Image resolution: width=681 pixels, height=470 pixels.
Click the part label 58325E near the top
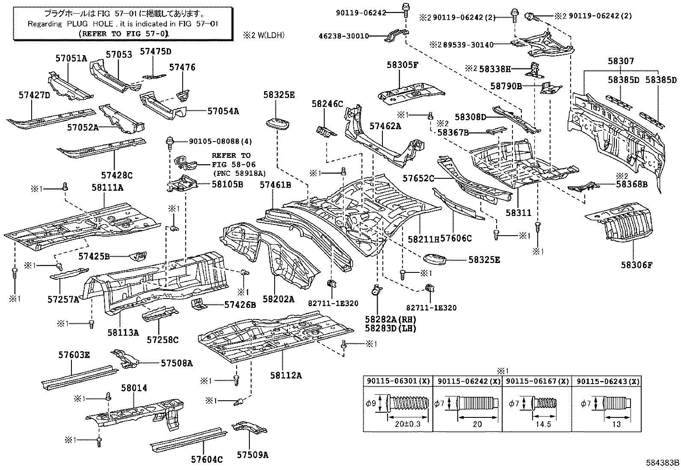279,95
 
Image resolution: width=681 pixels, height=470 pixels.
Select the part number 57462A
385,126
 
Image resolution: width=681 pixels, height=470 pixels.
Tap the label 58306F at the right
637,265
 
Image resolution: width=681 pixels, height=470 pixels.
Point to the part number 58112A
286,375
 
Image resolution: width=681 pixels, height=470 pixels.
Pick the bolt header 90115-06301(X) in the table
398,381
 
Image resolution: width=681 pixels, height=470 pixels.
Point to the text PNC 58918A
239,173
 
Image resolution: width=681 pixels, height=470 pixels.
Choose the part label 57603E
74,355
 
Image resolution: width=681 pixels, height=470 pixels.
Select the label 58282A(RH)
390,319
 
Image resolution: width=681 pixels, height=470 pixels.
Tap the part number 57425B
94,256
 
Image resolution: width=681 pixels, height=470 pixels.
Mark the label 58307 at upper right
621,62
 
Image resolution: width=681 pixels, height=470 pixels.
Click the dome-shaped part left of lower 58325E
434,259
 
